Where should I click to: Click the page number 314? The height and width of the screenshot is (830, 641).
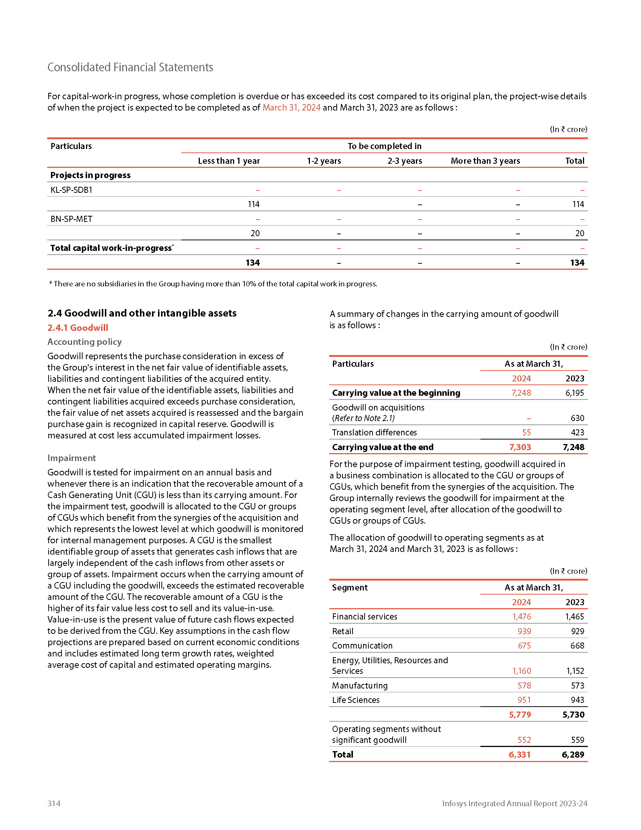tap(54, 803)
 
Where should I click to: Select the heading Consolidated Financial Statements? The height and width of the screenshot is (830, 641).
tap(130, 67)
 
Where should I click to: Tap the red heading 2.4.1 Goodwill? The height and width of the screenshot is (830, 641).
tap(78, 327)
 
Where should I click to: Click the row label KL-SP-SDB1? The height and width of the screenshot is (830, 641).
tap(71, 190)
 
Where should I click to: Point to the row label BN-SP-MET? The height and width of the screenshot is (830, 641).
tap(71, 219)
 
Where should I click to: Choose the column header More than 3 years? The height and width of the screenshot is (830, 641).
tap(485, 161)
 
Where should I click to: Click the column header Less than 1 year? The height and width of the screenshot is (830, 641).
tap(228, 161)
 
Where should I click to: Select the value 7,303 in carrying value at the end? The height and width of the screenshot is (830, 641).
tap(520, 447)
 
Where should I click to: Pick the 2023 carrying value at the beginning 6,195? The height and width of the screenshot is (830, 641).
tap(574, 393)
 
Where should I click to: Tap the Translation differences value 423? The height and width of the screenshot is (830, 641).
tap(577, 432)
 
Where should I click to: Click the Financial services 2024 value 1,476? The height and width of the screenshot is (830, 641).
tap(521, 616)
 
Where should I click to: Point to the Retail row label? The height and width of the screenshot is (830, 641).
tap(342, 631)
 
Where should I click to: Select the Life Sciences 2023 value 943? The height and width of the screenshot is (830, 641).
tap(577, 699)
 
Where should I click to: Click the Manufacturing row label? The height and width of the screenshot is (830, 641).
tap(360, 686)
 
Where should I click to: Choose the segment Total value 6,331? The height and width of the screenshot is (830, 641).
tap(519, 755)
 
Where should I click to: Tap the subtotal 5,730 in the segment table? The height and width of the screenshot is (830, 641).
tap(573, 715)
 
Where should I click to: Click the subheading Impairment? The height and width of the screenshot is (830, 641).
tap(71, 458)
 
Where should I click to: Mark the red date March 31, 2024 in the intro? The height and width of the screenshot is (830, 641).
tap(291, 108)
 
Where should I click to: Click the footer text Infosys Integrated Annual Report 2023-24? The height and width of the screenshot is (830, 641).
tap(515, 803)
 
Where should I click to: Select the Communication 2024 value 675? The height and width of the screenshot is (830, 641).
tap(524, 646)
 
